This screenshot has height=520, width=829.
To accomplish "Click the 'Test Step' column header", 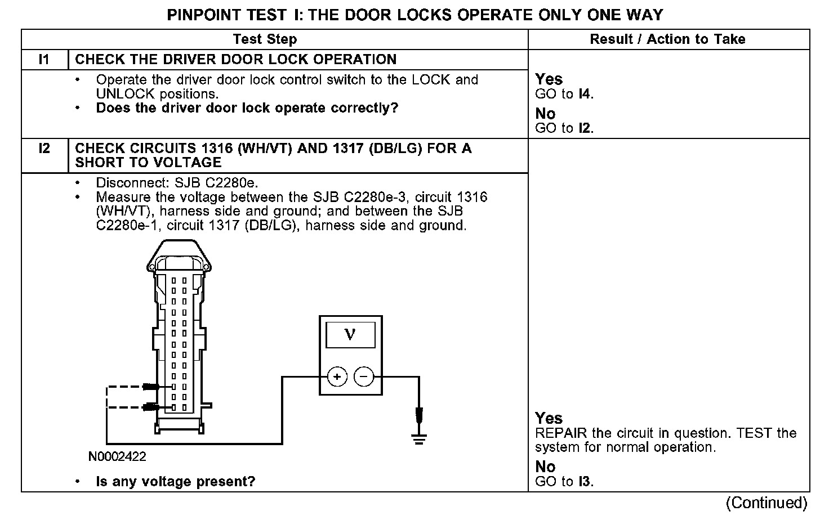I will click(265, 39).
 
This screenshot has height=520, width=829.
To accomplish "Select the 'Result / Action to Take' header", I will click(667, 39).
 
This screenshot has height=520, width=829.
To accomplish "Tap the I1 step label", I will click(44, 60).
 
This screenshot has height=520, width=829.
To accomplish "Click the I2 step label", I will click(44, 149).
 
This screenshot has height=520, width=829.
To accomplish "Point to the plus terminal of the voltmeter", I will click(337, 376).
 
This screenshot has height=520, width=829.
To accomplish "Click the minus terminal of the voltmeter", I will click(364, 376).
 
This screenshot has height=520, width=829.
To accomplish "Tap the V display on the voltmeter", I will click(350, 335).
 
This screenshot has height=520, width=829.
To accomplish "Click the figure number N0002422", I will click(117, 456).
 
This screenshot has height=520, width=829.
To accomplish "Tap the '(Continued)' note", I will click(766, 502).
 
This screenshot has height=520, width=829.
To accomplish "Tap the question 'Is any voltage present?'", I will click(175, 482).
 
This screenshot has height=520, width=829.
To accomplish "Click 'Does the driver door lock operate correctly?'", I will click(247, 108).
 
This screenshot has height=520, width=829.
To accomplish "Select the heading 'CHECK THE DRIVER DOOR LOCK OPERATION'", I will click(235, 60).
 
